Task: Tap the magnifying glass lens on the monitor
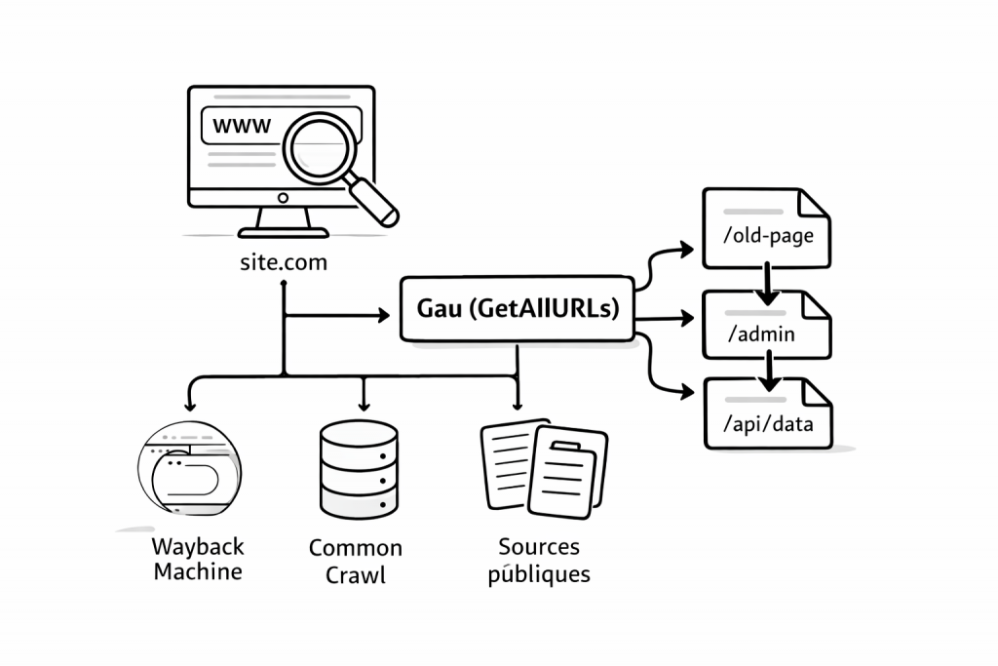click(323, 143)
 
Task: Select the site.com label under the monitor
click(283, 262)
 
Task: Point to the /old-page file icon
click(766, 229)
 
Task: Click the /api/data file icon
click(766, 415)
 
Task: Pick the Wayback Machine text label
click(198, 559)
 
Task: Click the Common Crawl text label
click(356, 562)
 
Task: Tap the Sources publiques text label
click(539, 560)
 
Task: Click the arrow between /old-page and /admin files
click(767, 281)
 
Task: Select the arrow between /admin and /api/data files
click(770, 369)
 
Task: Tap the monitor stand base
click(283, 232)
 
